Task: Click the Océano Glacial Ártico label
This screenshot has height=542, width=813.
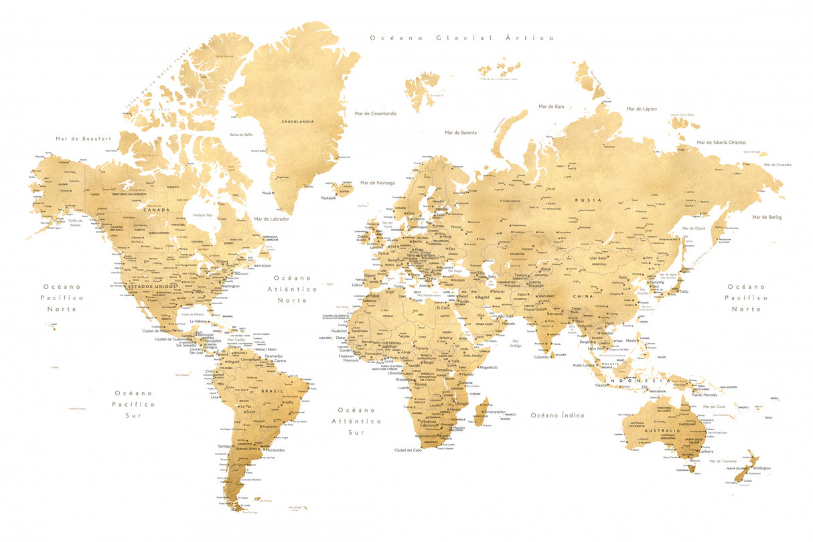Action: pyautogui.click(x=462, y=38)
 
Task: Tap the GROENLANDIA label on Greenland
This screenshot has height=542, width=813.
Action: pyautogui.click(x=297, y=122)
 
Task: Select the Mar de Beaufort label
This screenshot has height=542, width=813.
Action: pyautogui.click(x=84, y=139)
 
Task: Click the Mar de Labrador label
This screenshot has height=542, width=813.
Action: pyautogui.click(x=271, y=218)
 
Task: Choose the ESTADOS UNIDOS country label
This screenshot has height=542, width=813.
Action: pyautogui.click(x=151, y=287)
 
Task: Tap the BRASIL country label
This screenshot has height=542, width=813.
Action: pyautogui.click(x=272, y=391)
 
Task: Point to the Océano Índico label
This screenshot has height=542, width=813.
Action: pyautogui.click(x=557, y=415)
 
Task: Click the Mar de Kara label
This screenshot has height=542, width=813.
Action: pyautogui.click(x=551, y=107)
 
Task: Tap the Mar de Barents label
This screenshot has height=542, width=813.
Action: pyautogui.click(x=460, y=133)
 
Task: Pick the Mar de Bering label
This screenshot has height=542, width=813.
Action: pyautogui.click(x=766, y=217)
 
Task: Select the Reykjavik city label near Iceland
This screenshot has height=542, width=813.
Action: pyautogui.click(x=328, y=198)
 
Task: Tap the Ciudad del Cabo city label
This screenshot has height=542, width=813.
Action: pyautogui.click(x=408, y=450)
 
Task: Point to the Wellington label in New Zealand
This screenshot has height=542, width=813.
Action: pyautogui.click(x=761, y=468)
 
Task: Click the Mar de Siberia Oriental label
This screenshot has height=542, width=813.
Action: pyautogui.click(x=721, y=142)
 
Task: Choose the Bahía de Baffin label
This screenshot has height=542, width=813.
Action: pyautogui.click(x=241, y=134)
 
